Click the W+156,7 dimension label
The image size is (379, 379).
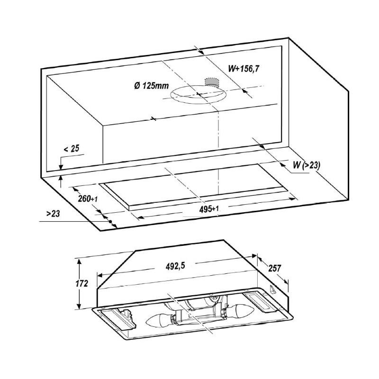[x=244, y=69]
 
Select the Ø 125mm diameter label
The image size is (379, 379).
[x=152, y=86]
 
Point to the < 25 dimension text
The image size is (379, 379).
[x=72, y=149]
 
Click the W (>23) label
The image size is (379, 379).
[x=307, y=165]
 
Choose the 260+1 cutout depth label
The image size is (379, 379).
[x=88, y=199]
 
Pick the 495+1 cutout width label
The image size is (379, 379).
[x=209, y=209]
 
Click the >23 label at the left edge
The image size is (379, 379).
[x=53, y=214]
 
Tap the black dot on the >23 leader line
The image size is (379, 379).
[x=110, y=221]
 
